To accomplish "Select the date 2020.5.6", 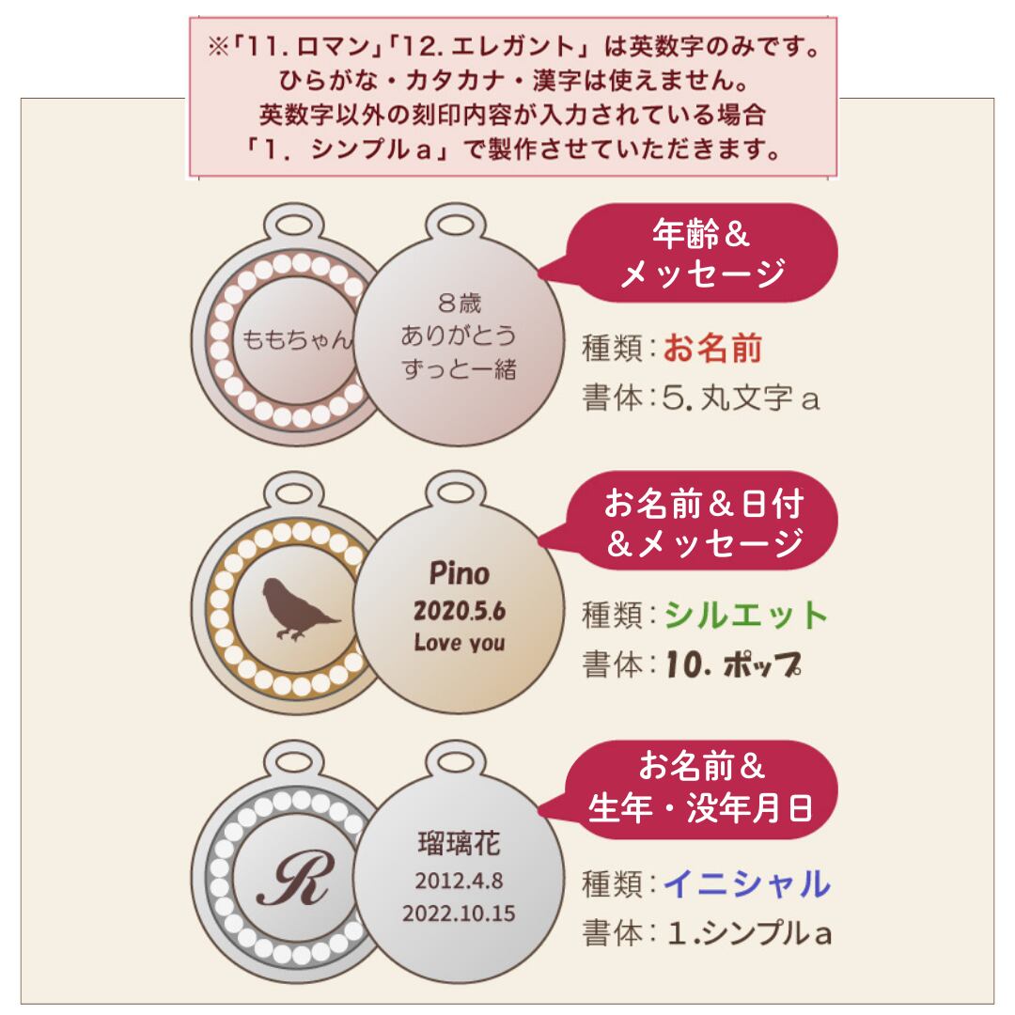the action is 460,611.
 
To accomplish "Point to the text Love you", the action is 460,644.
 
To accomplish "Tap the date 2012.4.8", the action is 460,882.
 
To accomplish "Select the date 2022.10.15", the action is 460,913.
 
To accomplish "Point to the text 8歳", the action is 460,303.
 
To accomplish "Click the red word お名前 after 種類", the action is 712,350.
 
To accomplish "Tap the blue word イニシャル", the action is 747,884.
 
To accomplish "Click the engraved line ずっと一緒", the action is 460,368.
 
